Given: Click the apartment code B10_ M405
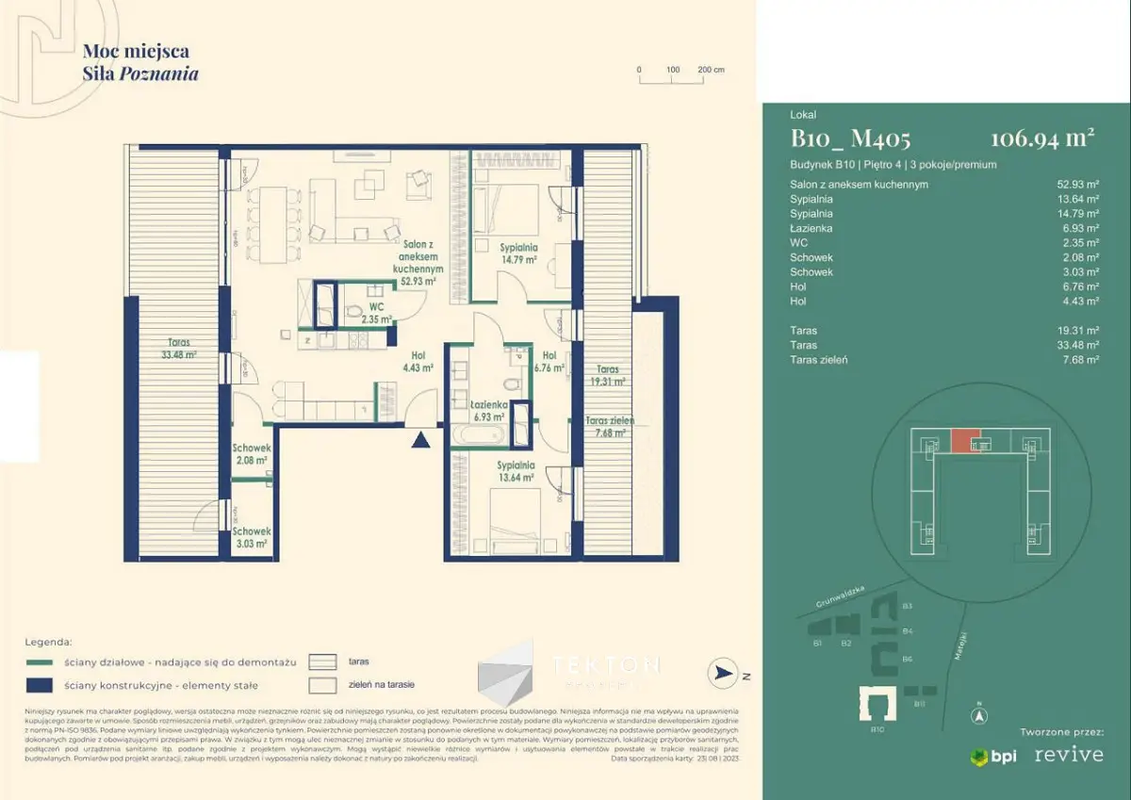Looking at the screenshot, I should coord(850,139).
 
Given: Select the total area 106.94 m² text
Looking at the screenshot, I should coord(1041,139).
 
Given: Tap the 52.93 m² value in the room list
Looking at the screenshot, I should coord(1078,185).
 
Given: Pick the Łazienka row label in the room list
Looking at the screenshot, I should coord(811,228).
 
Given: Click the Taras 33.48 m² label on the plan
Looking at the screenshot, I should coord(176,349).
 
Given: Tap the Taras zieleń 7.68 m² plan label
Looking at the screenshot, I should coord(610,427).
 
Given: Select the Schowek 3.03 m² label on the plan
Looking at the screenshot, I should coord(252,537).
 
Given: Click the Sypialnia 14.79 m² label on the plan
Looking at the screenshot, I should coord(517,253).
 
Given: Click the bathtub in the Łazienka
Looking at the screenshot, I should coord(480,434).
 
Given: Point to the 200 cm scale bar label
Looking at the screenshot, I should coord(710,70).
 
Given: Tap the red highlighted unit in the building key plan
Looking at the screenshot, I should coord(965,441).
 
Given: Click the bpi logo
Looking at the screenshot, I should coord(993,757).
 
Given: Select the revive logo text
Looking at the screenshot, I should coord(1069,756).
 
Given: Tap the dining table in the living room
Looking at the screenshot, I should coord(276,226).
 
